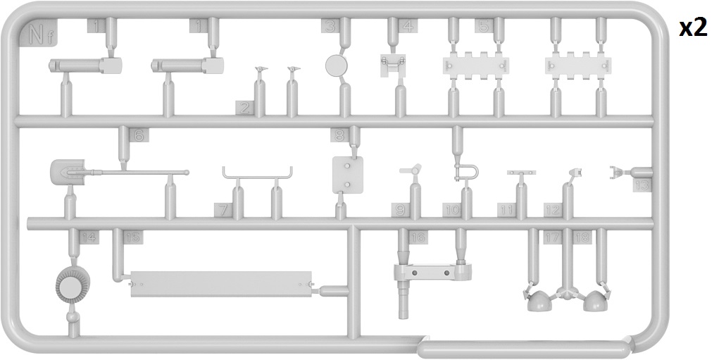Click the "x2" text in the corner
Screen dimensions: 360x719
point(692,27)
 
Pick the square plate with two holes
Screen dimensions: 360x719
point(346,175)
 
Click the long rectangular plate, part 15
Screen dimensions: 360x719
point(220,284)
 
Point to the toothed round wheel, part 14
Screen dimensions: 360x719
point(73,286)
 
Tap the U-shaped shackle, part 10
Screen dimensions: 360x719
point(467,171)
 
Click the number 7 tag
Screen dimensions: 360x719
point(223,209)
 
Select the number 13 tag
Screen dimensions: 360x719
point(642,185)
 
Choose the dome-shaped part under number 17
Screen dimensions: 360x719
point(539,301)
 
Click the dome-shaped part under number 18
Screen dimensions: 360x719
point(594,301)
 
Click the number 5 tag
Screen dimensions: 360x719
point(482,26)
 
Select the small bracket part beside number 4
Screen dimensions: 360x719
point(393,63)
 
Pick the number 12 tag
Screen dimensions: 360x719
point(552,209)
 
